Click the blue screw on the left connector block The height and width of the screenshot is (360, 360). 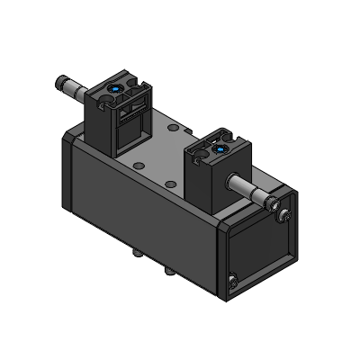tap(117, 88)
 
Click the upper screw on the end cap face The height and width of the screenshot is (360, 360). tap(285, 214)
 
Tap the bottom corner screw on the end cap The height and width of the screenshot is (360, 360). tap(234, 285)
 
